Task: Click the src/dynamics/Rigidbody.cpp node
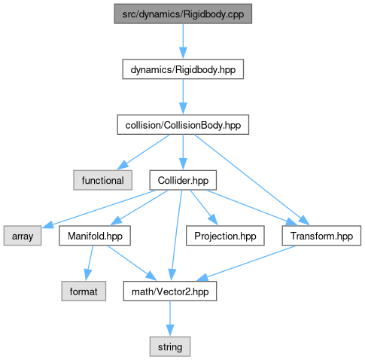point(183,14)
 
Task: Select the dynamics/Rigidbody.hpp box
point(183,69)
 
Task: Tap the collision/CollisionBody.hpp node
point(183,125)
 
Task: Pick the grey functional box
point(102,180)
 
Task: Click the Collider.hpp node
point(183,180)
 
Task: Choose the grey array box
point(23,236)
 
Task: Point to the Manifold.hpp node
point(95,236)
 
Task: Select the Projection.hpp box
point(225,236)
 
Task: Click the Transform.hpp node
point(321,236)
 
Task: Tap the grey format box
point(84,291)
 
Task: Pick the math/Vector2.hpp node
point(170,291)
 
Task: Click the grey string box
point(170,346)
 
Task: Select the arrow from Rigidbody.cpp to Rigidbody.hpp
point(183,41)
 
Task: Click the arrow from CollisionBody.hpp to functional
point(143,152)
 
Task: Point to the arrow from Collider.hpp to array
point(99,209)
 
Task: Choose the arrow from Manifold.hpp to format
point(89,263)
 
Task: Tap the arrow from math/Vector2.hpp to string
point(170,319)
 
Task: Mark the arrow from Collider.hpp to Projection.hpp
point(203,208)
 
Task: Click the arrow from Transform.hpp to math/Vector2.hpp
point(246,263)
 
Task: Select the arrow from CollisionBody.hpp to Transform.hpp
point(252,180)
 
